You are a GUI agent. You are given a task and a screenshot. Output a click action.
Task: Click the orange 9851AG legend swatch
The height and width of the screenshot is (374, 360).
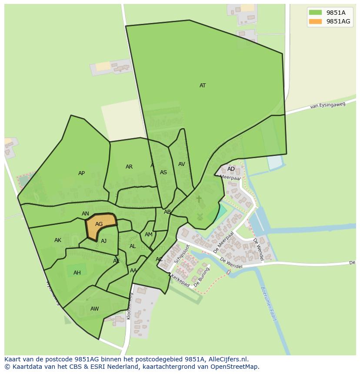point(316,22)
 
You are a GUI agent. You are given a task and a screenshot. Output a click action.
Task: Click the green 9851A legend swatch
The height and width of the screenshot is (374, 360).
point(316,13)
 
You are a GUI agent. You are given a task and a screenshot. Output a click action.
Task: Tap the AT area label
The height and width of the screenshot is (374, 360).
point(203,86)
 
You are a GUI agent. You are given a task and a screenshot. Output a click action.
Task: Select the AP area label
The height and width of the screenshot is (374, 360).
point(81,173)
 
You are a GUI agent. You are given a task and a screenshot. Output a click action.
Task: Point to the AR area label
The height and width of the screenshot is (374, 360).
point(129,167)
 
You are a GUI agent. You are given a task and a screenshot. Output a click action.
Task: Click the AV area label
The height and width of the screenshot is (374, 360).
point(182,164)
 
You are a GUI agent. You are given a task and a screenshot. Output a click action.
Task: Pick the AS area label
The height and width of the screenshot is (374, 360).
point(163,172)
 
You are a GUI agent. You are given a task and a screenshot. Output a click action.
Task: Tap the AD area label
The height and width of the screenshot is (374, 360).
point(231,169)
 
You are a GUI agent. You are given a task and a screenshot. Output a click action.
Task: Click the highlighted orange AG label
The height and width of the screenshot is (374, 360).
point(99,224)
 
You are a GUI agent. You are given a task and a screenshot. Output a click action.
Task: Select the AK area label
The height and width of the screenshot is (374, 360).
point(58,240)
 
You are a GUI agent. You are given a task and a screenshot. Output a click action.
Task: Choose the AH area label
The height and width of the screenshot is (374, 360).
point(77,273)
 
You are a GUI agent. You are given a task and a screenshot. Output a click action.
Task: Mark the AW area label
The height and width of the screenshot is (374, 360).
point(94,309)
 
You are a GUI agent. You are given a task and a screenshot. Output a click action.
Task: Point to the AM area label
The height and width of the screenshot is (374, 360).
point(149,235)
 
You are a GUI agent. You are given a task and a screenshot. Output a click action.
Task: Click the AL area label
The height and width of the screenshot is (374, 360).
point(133,246)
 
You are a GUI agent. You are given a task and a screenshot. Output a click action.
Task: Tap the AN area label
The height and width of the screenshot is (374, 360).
point(85,214)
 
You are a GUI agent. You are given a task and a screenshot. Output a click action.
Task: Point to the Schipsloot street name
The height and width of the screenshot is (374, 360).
point(182,254)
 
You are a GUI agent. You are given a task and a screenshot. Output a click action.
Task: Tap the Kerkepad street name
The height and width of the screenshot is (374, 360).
point(180,280)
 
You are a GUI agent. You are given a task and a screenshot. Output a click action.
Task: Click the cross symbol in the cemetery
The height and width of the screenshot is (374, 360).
point(199,199)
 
